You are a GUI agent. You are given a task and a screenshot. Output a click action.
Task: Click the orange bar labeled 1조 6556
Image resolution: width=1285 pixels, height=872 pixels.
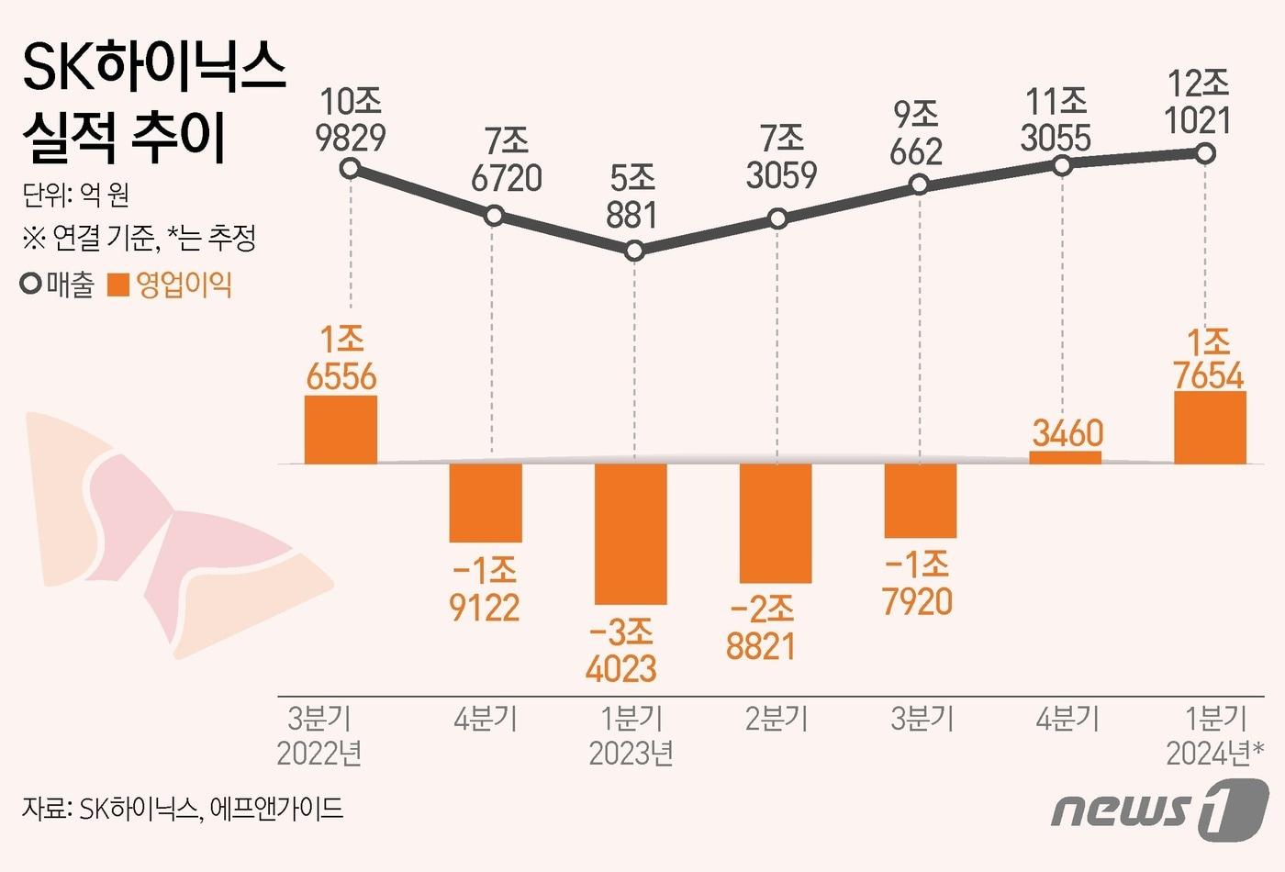341,430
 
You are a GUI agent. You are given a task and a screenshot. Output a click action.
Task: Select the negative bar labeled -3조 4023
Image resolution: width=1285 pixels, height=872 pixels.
631,533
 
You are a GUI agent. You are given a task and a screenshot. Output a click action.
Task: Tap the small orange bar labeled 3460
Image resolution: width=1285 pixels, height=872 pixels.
1065,457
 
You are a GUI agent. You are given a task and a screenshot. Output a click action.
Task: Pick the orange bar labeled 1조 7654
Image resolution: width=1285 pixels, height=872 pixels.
1210,428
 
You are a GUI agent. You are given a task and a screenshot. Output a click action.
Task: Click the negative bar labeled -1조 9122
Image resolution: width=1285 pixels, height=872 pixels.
486,502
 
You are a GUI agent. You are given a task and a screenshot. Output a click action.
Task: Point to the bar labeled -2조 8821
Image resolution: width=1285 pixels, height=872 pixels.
776,523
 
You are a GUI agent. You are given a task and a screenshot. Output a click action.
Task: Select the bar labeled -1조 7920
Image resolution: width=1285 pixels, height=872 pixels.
921,500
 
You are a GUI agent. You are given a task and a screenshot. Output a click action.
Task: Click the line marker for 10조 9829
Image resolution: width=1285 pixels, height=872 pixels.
349,168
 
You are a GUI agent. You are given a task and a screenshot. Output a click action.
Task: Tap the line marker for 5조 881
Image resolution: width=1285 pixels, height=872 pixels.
633,251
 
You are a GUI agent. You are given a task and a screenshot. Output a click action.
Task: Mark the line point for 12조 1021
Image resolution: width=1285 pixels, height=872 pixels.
1206,153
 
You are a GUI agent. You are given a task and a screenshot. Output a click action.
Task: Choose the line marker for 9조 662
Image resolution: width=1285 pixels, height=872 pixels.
919,185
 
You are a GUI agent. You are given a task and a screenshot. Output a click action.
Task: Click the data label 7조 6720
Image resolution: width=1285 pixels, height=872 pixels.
507,160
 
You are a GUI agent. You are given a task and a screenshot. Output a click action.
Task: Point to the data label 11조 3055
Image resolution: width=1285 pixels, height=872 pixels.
1056,119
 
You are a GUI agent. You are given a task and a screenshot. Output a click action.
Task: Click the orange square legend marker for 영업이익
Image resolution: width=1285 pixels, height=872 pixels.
118,285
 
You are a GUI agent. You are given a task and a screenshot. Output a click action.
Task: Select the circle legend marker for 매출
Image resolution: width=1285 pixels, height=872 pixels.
31,285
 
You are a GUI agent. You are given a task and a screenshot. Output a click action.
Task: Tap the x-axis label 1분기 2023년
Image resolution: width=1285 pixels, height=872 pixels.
631,735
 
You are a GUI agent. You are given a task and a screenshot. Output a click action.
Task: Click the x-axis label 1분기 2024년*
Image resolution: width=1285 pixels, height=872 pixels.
1213,735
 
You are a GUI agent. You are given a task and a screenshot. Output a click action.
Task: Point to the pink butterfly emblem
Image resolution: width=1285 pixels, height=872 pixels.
174,532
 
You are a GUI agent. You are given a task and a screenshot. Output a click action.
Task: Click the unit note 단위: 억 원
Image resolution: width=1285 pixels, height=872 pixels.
76,194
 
